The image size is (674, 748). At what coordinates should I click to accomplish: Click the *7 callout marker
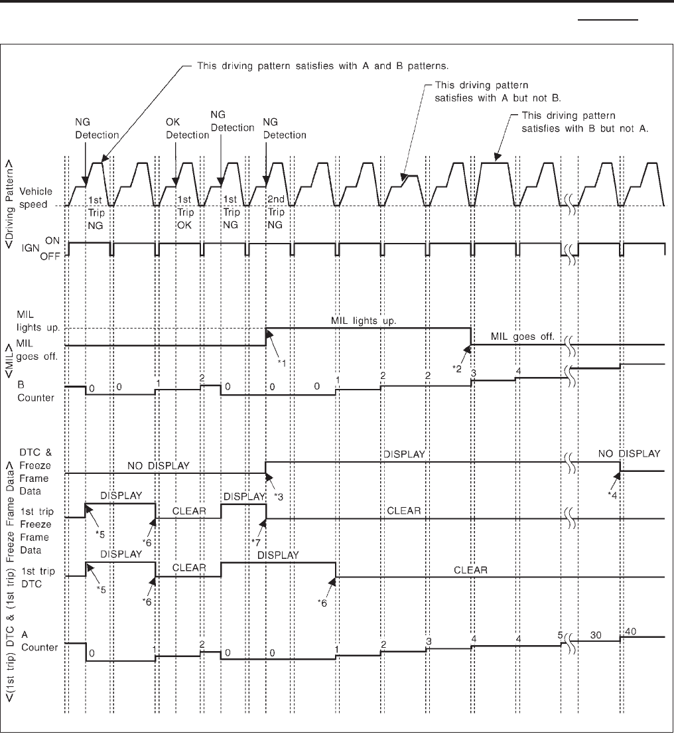click(x=256, y=542)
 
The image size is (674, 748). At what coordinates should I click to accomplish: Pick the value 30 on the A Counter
click(x=596, y=635)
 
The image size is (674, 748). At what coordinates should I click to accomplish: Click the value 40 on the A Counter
click(x=630, y=632)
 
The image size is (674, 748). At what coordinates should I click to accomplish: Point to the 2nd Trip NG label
click(x=275, y=215)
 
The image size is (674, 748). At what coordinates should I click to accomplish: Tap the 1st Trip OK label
click(x=185, y=215)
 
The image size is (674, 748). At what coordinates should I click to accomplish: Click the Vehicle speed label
click(x=46, y=197)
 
